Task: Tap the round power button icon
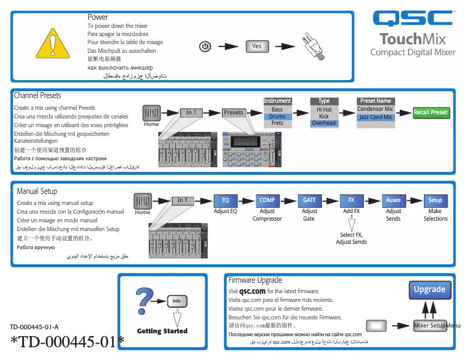coord(205,46)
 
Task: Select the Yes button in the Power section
coord(257,46)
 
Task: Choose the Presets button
coord(234,113)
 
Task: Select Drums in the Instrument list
coord(277,116)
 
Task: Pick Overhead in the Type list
coord(324,123)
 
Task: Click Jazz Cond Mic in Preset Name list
coord(375,117)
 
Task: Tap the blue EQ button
coord(225,200)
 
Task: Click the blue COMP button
coord(267,200)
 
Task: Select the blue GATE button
coord(309,200)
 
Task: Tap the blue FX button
coord(352,200)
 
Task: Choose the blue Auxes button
coord(393,200)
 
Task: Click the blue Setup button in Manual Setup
coord(435,200)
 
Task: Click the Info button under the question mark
coord(177,301)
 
